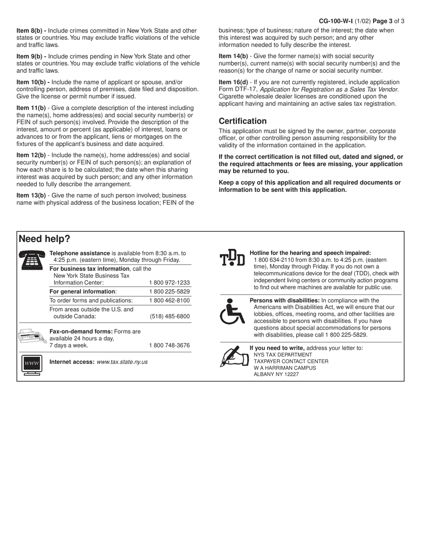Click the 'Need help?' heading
(44, 239)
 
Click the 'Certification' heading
(243, 121)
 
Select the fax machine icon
(31, 338)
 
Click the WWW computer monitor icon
(32, 365)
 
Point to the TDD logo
(232, 257)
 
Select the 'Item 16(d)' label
(234, 82)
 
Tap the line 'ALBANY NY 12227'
(276, 374)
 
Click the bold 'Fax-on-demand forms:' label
(81, 331)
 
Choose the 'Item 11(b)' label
(31, 108)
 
